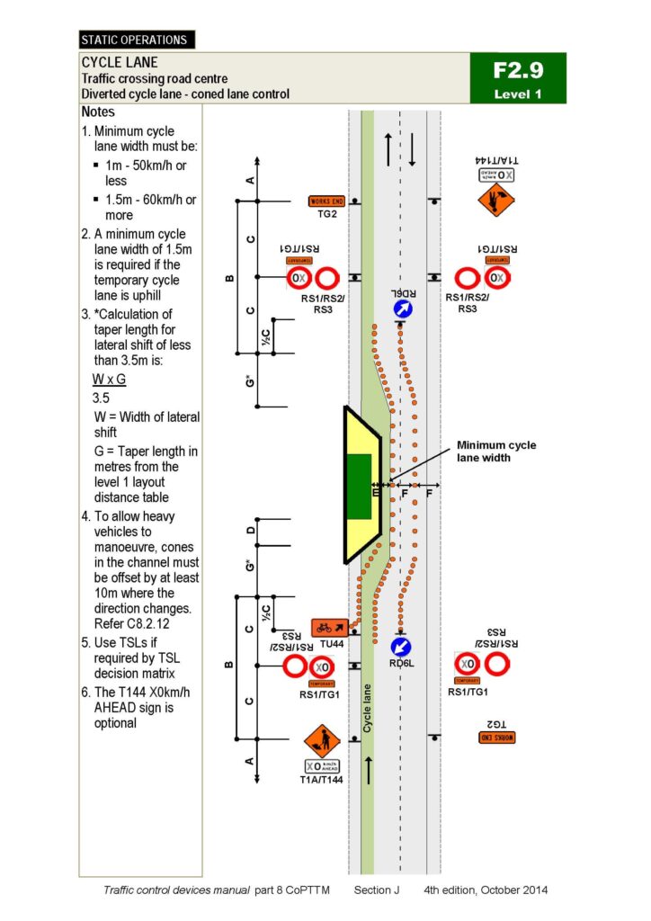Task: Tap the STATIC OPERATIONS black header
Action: (x=136, y=40)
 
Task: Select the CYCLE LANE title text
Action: (x=120, y=63)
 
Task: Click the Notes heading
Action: (x=98, y=112)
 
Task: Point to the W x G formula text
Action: (x=110, y=380)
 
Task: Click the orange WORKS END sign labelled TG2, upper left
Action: (x=326, y=201)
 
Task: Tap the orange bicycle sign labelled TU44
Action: (x=327, y=627)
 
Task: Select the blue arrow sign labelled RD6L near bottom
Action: (x=401, y=647)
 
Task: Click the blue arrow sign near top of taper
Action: (x=404, y=309)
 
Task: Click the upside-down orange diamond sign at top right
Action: (x=495, y=200)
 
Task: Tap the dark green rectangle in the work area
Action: (x=359, y=487)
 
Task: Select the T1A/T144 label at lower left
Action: (x=321, y=780)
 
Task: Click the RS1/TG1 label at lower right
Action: (x=468, y=692)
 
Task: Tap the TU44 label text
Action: (x=332, y=645)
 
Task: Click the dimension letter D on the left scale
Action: (x=250, y=532)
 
